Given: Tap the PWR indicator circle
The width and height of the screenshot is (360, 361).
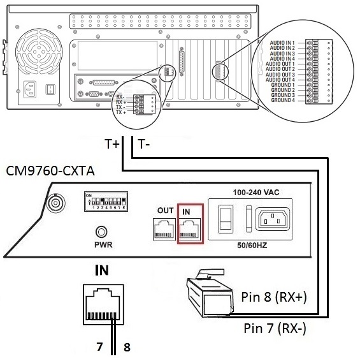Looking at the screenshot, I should pos(100,232).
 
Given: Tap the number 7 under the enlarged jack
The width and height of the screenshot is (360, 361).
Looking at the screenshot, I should pos(98,348).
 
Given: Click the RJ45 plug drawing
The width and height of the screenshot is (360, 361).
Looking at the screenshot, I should pos(207,297).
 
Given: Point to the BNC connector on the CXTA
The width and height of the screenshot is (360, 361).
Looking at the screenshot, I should pos(55,204).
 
